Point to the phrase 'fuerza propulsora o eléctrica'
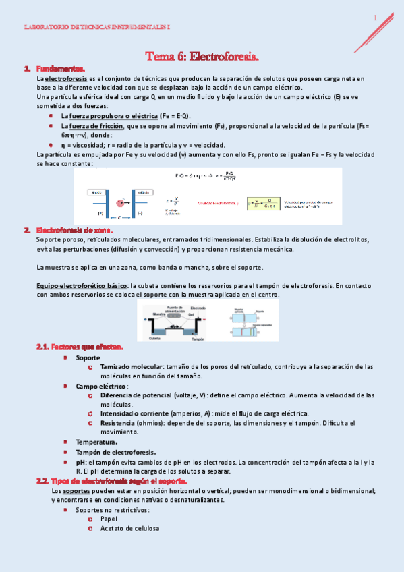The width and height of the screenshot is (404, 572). (x=109, y=116)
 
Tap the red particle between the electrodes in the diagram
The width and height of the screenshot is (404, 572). (x=121, y=202)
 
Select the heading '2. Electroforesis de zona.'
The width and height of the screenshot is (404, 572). (x=69, y=229)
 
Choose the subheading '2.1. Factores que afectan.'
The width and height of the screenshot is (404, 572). (x=79, y=347)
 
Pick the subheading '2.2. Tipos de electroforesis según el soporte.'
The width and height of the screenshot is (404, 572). (x=111, y=481)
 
